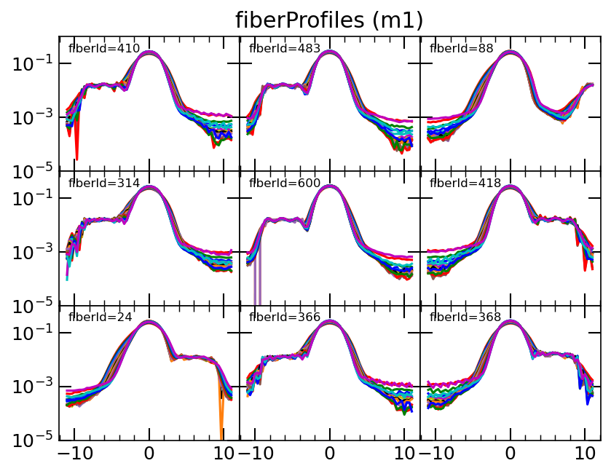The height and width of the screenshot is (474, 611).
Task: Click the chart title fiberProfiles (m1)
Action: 329,20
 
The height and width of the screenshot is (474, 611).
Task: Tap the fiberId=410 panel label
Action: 99,49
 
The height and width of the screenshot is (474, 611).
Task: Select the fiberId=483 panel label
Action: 280,49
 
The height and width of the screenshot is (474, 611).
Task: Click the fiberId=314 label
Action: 99,183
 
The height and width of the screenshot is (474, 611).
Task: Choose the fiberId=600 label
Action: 280,183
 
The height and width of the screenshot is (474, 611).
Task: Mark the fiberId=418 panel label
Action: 460,183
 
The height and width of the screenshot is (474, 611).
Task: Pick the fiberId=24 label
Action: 95,317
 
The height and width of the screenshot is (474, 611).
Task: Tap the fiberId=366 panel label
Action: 280,317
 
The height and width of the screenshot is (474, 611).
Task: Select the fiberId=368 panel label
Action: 460,317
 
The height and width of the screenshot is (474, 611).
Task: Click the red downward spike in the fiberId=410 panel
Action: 76,149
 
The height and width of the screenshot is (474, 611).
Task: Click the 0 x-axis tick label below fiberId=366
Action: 330,453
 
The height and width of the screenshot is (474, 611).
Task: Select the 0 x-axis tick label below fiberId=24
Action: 149,453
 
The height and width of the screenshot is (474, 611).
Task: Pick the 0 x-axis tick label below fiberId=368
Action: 511,453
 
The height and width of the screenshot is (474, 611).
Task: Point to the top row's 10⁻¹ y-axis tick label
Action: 33,64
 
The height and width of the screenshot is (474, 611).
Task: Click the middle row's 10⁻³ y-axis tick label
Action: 33,252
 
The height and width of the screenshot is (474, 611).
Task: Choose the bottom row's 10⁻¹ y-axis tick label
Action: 33,333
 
